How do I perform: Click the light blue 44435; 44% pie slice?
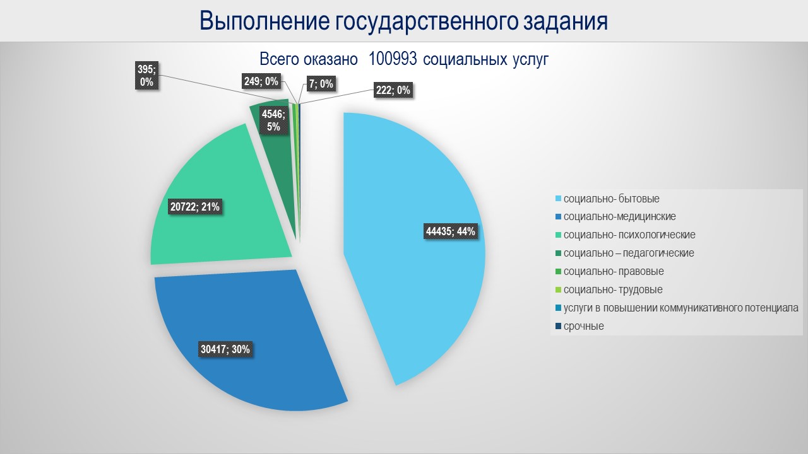pyautogui.click(x=410, y=189)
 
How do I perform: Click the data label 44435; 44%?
pyautogui.click(x=451, y=231)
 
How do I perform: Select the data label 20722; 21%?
pyautogui.click(x=195, y=206)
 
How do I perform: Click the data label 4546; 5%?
pyautogui.click(x=273, y=120)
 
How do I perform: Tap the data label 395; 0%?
pyautogui.click(x=146, y=76)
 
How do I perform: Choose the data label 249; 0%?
pyautogui.click(x=261, y=81)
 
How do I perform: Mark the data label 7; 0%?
pyautogui.click(x=321, y=84)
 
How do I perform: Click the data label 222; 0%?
pyautogui.click(x=393, y=90)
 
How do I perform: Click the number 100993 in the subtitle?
pyautogui.click(x=393, y=59)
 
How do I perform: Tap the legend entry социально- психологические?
pyautogui.click(x=629, y=235)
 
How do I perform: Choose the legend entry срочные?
pyautogui.click(x=583, y=327)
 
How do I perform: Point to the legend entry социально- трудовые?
pyautogui.click(x=612, y=290)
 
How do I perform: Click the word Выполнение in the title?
pyautogui.click(x=264, y=21)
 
